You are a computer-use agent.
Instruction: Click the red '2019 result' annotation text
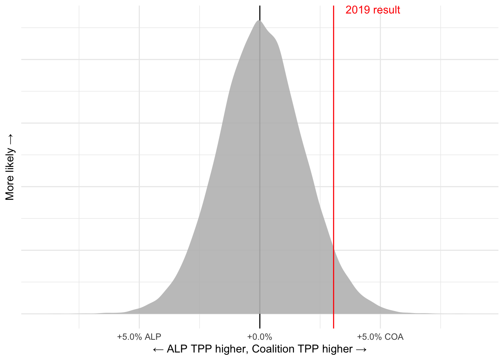pyautogui.click(x=372, y=10)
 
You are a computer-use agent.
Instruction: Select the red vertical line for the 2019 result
pyautogui.click(x=333, y=150)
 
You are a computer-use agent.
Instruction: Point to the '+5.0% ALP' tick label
pyautogui.click(x=139, y=337)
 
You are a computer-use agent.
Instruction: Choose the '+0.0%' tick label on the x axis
pyautogui.click(x=259, y=337)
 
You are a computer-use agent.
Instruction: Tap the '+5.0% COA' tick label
pyautogui.click(x=380, y=337)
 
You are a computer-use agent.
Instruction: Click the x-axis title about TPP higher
pyautogui.click(x=259, y=349)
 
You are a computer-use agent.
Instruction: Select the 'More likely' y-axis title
pyautogui.click(x=10, y=167)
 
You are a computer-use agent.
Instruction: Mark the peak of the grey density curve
pyautogui.click(x=259, y=21)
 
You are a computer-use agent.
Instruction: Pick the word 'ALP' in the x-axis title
pyautogui.click(x=177, y=349)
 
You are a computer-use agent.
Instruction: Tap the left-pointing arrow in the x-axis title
pyautogui.click(x=158, y=349)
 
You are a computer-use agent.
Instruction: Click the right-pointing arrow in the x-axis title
pyautogui.click(x=361, y=349)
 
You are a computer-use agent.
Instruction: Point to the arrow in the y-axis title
pyautogui.click(x=10, y=139)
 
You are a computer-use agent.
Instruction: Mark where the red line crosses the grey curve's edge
pyautogui.click(x=333, y=248)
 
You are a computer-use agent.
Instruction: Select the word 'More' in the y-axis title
pyautogui.click(x=10, y=188)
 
